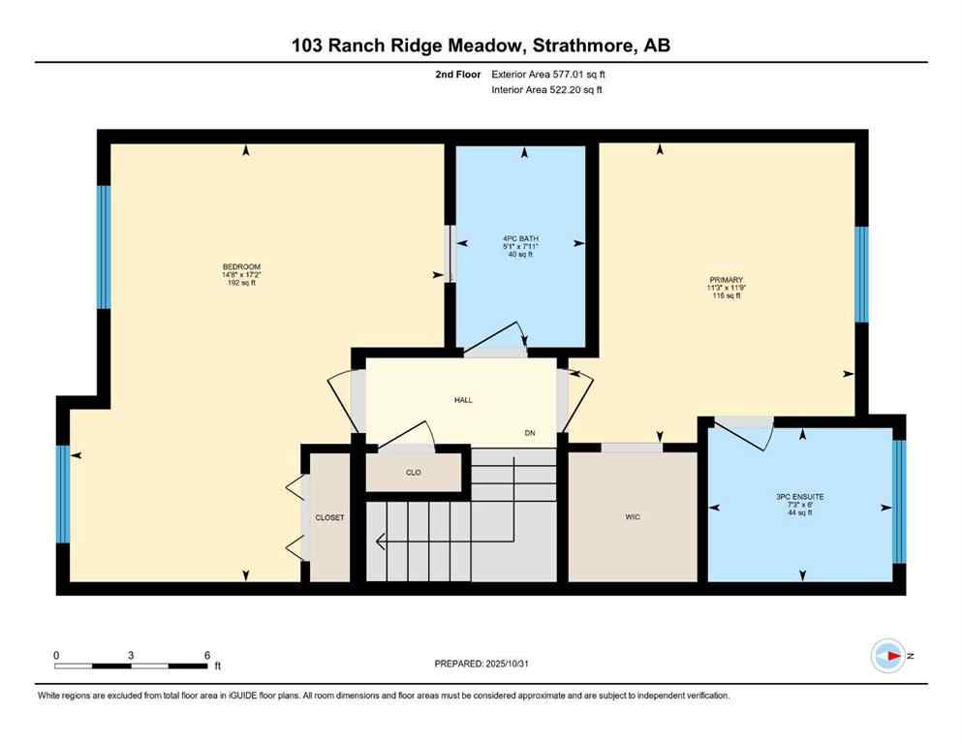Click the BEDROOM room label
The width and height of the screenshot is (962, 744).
tap(241, 266)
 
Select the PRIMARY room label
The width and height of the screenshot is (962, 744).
tap(725, 280)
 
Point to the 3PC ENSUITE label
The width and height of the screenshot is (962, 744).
tap(799, 496)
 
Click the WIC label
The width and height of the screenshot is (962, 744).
tap(633, 517)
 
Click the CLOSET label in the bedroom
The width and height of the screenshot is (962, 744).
tap(329, 518)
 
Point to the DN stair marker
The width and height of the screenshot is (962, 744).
tap(530, 432)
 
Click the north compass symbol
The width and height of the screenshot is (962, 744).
tap(887, 656)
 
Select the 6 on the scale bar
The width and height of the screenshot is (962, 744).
tap(207, 656)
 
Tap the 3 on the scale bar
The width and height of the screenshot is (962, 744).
tap(131, 656)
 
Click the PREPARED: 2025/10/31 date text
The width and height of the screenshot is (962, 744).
tap(481, 664)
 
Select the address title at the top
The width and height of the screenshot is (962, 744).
tap(481, 45)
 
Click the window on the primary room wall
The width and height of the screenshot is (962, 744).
tap(861, 274)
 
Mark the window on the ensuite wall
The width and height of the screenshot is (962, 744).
tap(898, 502)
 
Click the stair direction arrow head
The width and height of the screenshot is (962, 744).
tap(380, 540)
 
